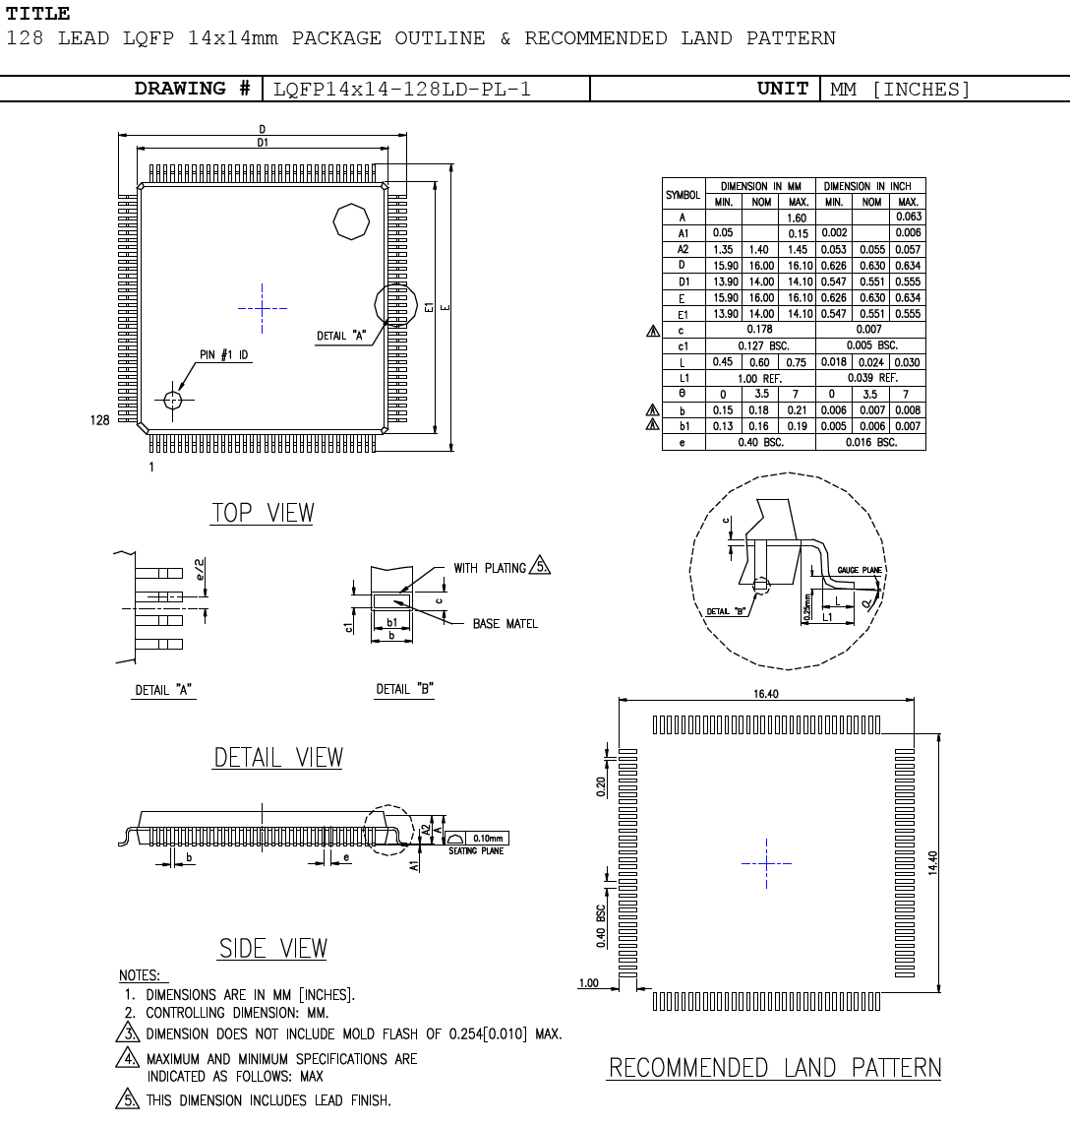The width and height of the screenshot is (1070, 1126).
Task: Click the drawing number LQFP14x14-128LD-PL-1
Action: (402, 90)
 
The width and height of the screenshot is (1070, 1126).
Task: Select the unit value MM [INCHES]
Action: (900, 90)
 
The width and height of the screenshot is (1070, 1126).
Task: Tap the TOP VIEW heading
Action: (263, 513)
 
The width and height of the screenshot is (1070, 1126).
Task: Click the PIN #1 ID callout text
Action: (222, 355)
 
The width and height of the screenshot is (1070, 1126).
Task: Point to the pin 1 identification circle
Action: (173, 400)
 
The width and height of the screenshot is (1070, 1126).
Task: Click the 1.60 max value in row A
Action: (797, 218)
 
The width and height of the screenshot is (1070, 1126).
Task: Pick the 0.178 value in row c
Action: (759, 330)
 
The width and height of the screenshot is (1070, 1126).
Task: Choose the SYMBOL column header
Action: (683, 195)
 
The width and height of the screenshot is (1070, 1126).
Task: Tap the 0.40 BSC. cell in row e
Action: (759, 443)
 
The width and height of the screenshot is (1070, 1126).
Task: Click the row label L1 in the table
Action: (683, 378)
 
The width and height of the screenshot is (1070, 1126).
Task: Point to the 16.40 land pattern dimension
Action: (766, 694)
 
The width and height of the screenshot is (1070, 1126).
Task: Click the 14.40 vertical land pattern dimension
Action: (932, 863)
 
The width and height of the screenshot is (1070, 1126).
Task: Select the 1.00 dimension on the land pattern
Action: (588, 982)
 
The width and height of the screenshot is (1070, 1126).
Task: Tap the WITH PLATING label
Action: (489, 568)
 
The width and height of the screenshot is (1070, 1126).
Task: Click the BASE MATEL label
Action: (505, 624)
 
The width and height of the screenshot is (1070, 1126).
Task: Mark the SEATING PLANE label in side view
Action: (476, 851)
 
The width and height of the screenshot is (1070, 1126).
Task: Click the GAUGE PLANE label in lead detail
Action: (860, 571)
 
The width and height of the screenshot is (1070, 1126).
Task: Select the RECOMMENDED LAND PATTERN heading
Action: (774, 1068)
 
